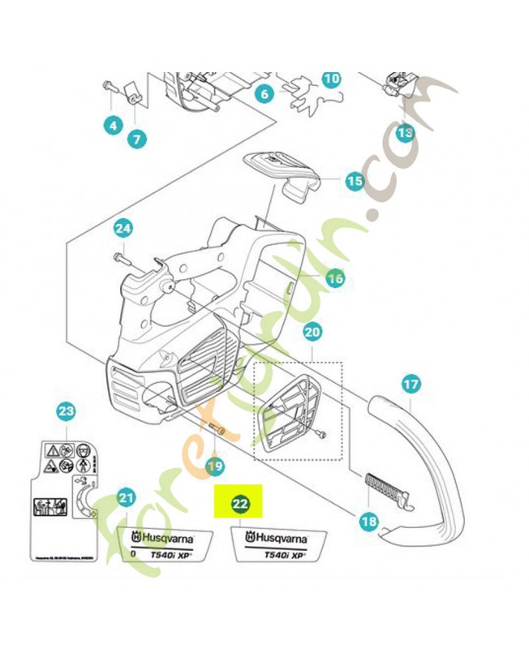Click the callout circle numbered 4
click(112, 125)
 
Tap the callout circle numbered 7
click(135, 139)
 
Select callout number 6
click(264, 94)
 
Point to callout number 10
click(331, 79)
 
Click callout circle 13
click(404, 131)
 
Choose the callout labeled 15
click(354, 181)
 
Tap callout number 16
click(334, 279)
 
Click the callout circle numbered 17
click(411, 384)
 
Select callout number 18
click(368, 522)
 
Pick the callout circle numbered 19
click(214, 466)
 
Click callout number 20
click(312, 332)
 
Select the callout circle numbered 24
click(122, 229)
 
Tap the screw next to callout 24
click(123, 259)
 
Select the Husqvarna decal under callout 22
click(278, 544)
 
